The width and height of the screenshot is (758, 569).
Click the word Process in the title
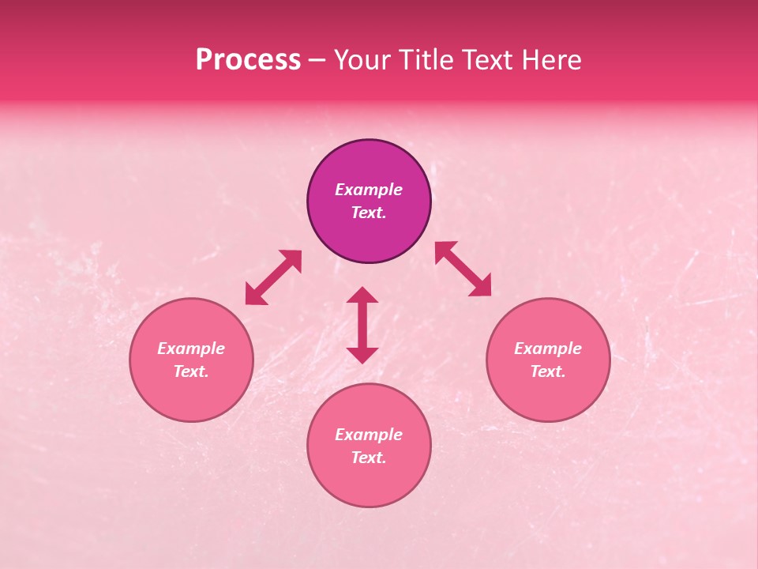click(248, 60)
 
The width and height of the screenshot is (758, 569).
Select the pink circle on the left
click(191, 395)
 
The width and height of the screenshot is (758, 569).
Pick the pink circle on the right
click(548, 395)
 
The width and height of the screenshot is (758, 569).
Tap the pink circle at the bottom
click(369, 482)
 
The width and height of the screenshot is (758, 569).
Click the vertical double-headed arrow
click(362, 325)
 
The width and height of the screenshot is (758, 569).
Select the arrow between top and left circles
click(273, 277)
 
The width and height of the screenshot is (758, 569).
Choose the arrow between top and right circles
click(463, 269)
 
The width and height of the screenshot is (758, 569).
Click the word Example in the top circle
click(369, 190)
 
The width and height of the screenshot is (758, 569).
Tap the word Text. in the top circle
click(369, 213)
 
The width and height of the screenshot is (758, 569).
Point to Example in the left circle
click(191, 349)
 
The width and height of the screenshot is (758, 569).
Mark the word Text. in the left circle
click(191, 371)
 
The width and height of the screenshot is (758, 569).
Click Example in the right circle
click(548, 349)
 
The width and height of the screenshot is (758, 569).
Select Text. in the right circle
click(548, 371)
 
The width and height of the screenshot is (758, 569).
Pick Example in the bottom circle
click(369, 435)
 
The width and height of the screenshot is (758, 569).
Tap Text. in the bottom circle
click(369, 458)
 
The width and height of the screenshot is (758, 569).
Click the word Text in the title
click(488, 60)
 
